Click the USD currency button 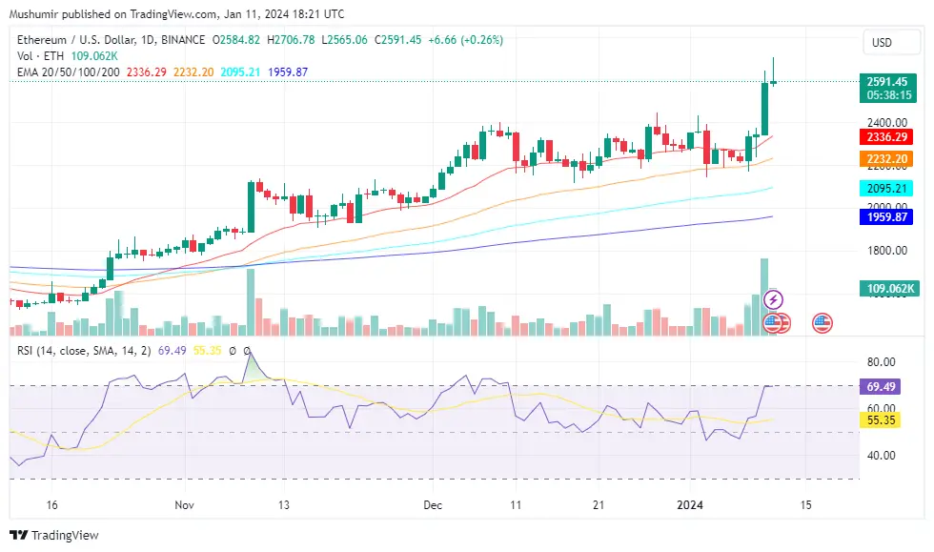pyautogui.click(x=882, y=42)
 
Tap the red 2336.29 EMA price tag pyautogui.click(x=885, y=138)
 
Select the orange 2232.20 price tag pyautogui.click(x=885, y=159)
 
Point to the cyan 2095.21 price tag pyautogui.click(x=885, y=188)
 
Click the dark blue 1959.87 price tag pyautogui.click(x=885, y=217)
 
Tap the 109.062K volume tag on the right pyautogui.click(x=888, y=288)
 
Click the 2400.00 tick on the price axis pyautogui.click(x=886, y=122)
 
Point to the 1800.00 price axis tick pyautogui.click(x=886, y=251)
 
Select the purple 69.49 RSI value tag pyautogui.click(x=882, y=387)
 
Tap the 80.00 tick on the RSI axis pyautogui.click(x=882, y=362)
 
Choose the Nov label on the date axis pyautogui.click(x=185, y=504)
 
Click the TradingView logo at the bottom pyautogui.click(x=55, y=535)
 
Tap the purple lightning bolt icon pyautogui.click(x=774, y=299)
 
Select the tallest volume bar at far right pyautogui.click(x=763, y=296)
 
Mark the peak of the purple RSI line pyautogui.click(x=250, y=353)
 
